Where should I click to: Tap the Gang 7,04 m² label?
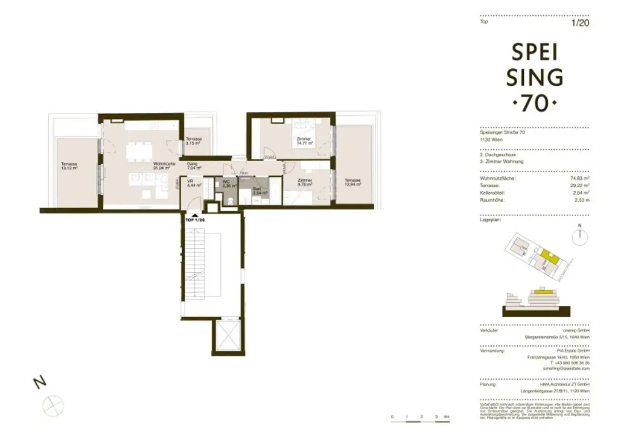click(x=194, y=165)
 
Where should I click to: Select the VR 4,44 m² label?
click(x=190, y=183)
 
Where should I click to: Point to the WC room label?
click(x=227, y=183)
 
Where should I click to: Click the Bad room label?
click(x=256, y=191)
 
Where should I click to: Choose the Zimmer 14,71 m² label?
click(x=304, y=142)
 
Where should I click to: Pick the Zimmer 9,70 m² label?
click(x=304, y=183)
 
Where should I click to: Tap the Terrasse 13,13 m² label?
click(x=69, y=166)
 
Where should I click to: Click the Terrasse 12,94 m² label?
click(x=352, y=182)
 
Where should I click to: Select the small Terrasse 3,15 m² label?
click(x=194, y=141)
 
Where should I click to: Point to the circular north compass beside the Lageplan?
click(x=579, y=237)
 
